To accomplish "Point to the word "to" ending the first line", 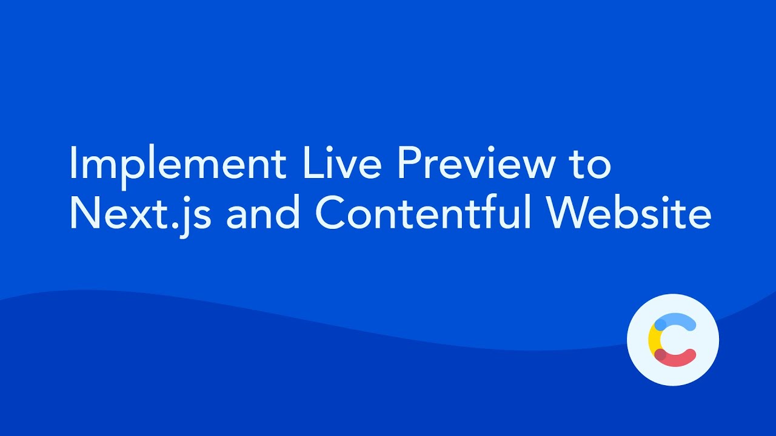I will [589, 163].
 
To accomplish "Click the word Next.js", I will [140, 213].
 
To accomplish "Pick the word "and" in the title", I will [263, 213].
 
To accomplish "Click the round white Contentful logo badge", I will [672, 340].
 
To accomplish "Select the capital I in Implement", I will [73, 163].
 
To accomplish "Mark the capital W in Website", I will [572, 213].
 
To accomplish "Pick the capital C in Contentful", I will [331, 213].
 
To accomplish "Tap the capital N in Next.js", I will [84, 213].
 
